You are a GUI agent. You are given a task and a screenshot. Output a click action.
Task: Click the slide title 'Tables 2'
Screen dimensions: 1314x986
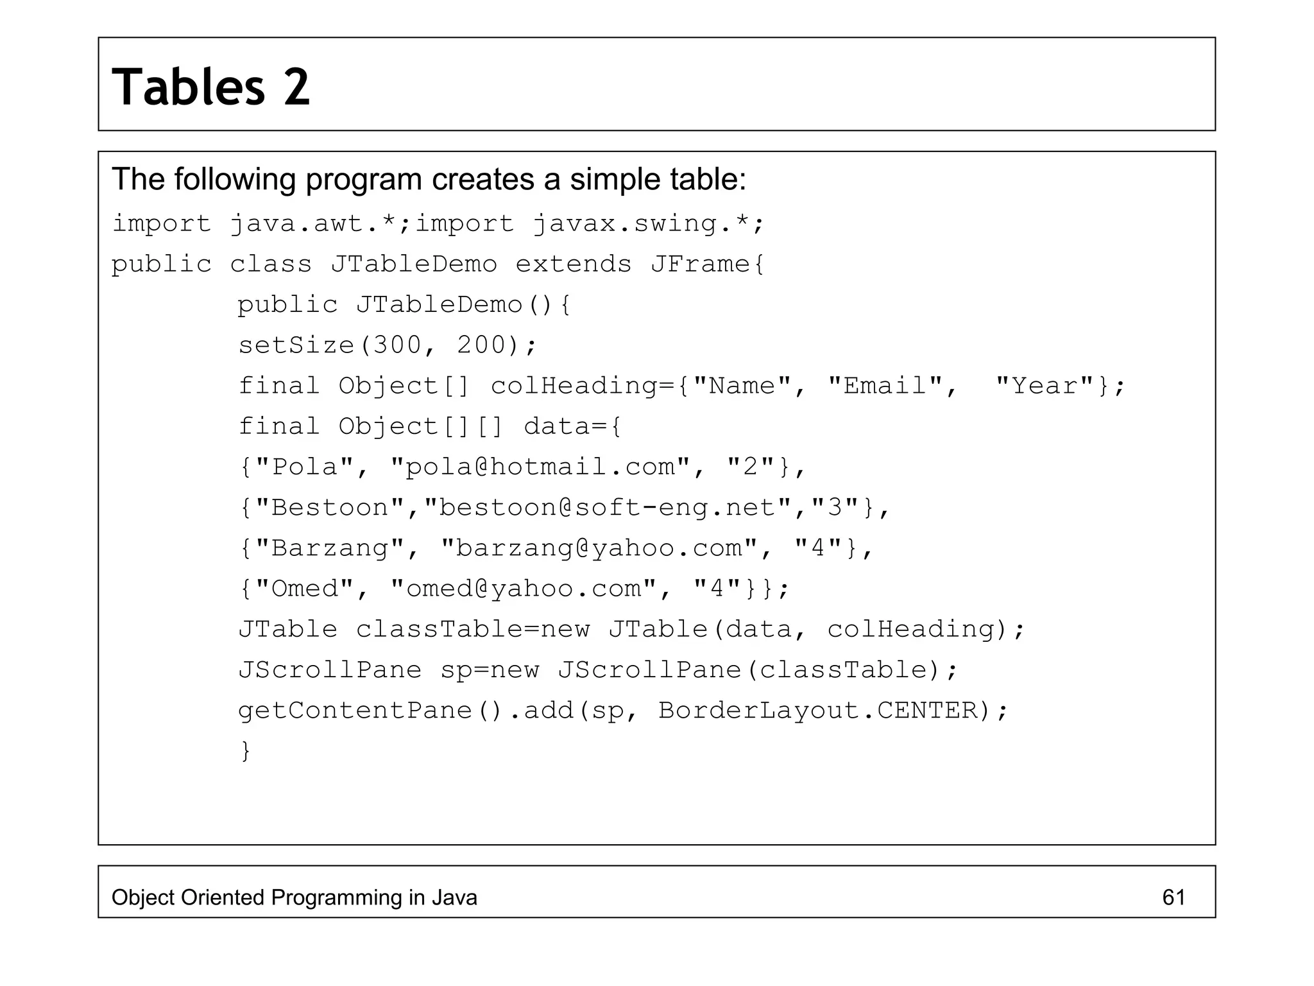coord(211,87)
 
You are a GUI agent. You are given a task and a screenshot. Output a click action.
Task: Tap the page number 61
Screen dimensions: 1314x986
coord(1173,897)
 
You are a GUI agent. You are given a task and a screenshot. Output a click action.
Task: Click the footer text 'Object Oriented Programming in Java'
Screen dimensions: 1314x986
coord(294,897)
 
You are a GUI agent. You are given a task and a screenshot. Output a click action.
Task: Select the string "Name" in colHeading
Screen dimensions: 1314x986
coord(742,386)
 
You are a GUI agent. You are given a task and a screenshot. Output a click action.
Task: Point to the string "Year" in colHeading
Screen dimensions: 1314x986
coord(1045,386)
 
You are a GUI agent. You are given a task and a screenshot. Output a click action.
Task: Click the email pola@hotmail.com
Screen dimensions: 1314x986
coord(540,467)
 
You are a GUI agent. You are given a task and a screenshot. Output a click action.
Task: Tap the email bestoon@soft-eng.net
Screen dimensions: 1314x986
coord(607,508)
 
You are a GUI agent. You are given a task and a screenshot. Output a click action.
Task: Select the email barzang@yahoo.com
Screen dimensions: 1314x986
coord(599,548)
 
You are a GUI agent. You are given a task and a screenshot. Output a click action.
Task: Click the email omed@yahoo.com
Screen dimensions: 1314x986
coord(524,589)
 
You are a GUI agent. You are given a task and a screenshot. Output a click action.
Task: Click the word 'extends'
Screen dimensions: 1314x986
coord(574,264)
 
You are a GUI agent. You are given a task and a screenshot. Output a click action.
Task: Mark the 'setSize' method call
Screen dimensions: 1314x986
coord(296,345)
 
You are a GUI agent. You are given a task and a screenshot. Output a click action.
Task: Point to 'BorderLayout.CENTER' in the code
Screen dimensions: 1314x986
coord(818,711)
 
